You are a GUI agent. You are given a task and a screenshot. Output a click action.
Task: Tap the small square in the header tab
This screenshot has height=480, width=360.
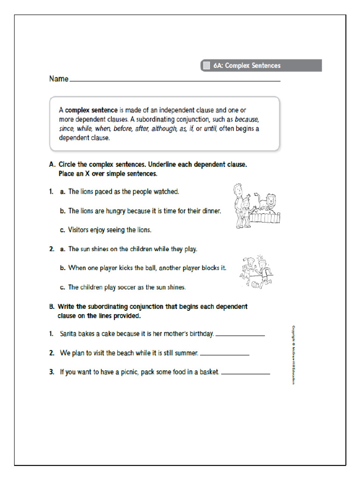[x=206, y=66]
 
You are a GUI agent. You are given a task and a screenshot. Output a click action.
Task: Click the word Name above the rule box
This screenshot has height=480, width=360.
[x=59, y=79]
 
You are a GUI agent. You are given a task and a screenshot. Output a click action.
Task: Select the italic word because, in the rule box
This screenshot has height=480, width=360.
[x=247, y=119]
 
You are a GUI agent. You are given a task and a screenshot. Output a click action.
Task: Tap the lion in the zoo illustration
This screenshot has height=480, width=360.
[x=269, y=202]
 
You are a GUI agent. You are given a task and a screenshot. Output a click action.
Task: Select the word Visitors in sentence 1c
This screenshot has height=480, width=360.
[x=80, y=230]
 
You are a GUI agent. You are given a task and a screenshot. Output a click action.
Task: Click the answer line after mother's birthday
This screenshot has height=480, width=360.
[x=240, y=336]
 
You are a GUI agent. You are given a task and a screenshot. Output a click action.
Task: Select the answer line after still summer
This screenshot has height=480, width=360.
[x=225, y=355]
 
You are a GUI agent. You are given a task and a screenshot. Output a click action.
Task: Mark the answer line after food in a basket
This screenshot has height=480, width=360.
[x=245, y=374]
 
